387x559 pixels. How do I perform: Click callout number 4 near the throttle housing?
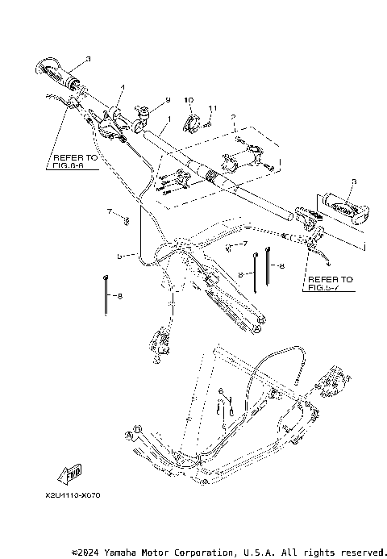coord(123,87)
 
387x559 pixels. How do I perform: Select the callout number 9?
coord(169,98)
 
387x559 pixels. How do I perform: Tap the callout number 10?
coord(190,99)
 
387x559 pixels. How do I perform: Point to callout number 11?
coord(213,108)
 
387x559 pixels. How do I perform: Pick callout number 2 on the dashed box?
coord(233,118)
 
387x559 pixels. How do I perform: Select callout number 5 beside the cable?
coord(119,256)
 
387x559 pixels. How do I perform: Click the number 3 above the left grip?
coord(88,58)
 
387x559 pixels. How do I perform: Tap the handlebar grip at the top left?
coord(61,73)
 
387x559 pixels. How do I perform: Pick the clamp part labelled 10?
coord(193,123)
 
